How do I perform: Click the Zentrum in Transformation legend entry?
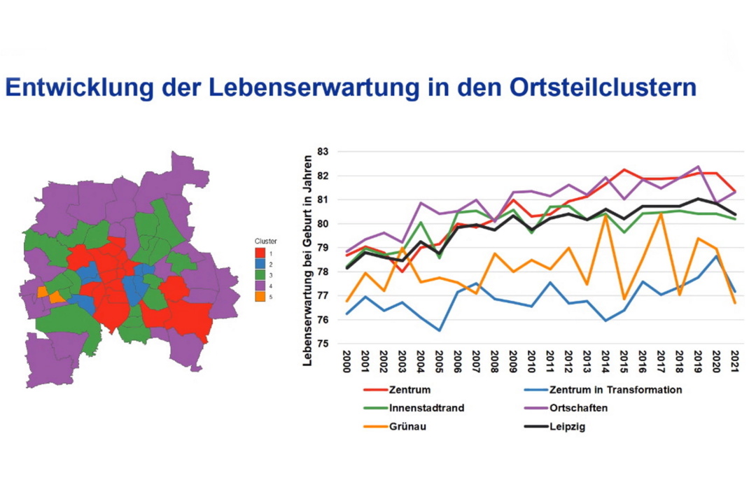click(x=616, y=390)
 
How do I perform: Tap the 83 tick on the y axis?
click(x=323, y=151)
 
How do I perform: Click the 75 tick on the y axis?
click(x=323, y=344)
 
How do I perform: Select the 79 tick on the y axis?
click(x=323, y=248)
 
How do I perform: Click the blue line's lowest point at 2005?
click(x=439, y=330)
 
